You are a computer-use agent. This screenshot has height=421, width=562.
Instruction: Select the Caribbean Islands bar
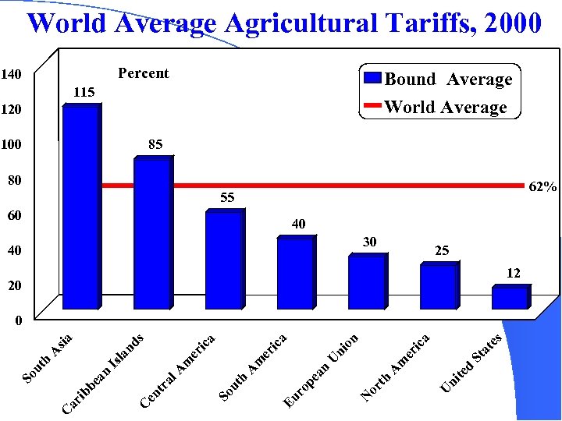coord(152,234)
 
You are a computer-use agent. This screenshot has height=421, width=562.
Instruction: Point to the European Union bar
coord(367,282)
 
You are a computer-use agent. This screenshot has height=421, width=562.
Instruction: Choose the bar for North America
coord(439,287)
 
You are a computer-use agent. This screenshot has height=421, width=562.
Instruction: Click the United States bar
coord(510,298)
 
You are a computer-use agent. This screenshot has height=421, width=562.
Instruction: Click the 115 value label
coord(84,92)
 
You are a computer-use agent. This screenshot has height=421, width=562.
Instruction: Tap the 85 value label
coord(155,144)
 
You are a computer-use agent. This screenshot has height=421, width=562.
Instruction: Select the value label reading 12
coord(514,273)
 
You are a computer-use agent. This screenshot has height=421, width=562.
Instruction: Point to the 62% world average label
coord(543,187)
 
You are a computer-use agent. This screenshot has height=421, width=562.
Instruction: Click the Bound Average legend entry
coord(439,79)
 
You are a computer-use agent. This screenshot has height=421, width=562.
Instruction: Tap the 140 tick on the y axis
coord(11,74)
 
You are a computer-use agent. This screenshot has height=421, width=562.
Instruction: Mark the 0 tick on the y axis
coord(18,320)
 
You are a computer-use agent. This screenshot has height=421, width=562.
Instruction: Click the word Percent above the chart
coord(143,73)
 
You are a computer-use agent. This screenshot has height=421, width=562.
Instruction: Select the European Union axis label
coord(321,370)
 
